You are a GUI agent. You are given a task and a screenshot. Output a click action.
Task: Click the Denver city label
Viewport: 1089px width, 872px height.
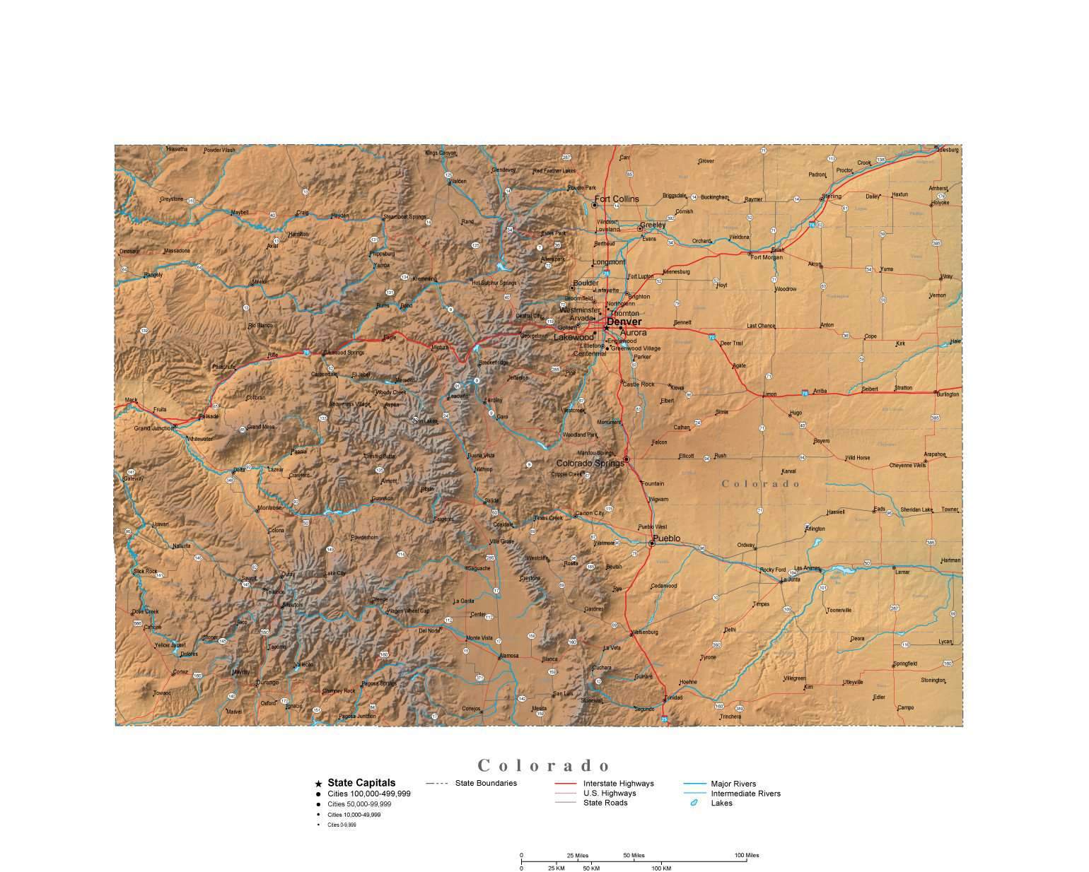coord(624,322)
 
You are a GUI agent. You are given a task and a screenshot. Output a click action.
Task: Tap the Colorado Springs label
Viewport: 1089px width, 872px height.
coord(590,464)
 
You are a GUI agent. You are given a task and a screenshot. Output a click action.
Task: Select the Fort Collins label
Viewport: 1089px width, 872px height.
coord(616,199)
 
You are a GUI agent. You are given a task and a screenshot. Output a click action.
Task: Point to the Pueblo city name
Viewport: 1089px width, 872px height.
coord(666,538)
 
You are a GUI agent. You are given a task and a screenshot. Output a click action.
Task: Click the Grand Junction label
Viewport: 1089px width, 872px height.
coord(153,428)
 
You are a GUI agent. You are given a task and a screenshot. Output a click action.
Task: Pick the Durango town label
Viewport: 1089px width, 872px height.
coord(267,682)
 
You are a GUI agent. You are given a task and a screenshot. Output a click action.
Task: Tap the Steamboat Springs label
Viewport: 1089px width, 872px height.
coord(405,216)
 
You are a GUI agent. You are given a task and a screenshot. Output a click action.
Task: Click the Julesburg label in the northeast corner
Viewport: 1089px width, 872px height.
coord(946,150)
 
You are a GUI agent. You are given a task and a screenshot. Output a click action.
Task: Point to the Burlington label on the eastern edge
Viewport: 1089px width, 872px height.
coord(948,394)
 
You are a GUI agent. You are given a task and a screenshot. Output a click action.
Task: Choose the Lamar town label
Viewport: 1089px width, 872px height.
coord(902,572)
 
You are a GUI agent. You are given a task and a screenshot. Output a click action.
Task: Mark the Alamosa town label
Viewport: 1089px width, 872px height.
coord(508,655)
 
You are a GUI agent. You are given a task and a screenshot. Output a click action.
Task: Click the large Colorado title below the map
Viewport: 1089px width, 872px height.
coord(544,765)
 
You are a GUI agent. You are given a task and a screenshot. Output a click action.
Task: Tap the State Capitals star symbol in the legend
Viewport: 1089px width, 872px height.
coord(318,784)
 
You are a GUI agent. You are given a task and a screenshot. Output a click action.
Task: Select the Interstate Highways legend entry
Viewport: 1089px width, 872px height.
coord(618,783)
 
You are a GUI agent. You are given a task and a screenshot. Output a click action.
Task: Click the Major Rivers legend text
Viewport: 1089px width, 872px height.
coord(733,784)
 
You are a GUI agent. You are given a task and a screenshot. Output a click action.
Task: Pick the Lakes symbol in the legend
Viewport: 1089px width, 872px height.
coord(694,803)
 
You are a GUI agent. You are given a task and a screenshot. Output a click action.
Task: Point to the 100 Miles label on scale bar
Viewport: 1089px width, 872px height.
coord(746,855)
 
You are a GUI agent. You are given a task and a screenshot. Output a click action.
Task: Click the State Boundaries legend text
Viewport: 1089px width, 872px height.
coord(486,783)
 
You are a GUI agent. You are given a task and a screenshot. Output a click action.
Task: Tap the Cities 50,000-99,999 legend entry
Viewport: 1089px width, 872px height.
coord(359,804)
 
